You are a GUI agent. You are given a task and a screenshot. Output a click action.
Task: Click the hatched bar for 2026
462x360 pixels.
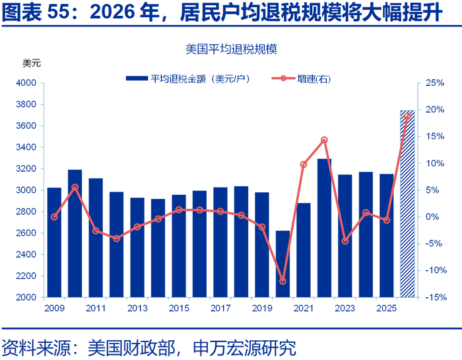pos(407,205)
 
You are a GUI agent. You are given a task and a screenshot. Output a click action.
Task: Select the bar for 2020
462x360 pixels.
pos(282,264)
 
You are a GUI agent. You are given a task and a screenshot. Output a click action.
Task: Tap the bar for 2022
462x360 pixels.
pos(324,228)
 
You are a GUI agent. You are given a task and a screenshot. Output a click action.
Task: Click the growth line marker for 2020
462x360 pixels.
pos(282,281)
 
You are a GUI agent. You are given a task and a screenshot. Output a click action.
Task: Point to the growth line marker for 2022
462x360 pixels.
pos(324,140)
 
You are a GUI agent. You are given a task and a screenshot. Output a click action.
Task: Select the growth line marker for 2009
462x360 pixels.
pos(54,217)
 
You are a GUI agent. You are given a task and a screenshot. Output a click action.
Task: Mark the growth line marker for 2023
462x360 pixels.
pos(345,241)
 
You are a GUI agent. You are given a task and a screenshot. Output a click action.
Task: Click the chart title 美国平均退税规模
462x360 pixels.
pos(231,49)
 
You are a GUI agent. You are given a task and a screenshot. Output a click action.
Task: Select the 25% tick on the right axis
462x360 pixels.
pos(434,83)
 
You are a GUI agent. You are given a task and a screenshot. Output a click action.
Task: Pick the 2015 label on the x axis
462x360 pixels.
pos(179,308)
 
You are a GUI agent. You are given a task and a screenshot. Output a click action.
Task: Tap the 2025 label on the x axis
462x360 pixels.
pos(386,308)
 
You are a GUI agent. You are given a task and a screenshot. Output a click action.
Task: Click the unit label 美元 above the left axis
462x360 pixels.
pos(32,63)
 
